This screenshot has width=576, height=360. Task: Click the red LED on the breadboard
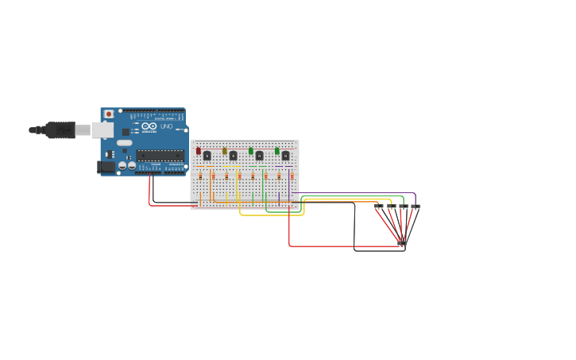coord(199,150)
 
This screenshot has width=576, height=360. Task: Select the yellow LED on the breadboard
coord(225,150)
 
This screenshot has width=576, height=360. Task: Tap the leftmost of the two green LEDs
coord(251,150)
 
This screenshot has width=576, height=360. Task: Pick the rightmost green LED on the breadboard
coord(277,150)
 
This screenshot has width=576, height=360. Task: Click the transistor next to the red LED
coord(207,156)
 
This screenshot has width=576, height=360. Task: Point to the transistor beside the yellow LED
coord(234,156)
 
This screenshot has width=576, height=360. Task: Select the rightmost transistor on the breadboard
coord(286,156)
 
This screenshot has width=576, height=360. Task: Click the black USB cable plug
coord(59,130)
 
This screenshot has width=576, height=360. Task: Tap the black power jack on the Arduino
coord(104,167)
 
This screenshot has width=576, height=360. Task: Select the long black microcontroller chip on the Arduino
coord(160,156)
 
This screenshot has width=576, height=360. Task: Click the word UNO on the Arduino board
coord(167,126)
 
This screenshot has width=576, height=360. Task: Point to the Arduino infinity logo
coord(149,126)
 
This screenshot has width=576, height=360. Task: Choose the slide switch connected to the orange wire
coord(379,206)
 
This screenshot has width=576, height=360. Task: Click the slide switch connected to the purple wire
coord(416,206)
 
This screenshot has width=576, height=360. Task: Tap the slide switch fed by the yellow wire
coord(392,206)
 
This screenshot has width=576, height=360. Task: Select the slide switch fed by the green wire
coord(404,206)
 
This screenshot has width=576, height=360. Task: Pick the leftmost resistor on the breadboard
coord(200,176)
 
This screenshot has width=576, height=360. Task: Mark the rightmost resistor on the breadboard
coord(292,176)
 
